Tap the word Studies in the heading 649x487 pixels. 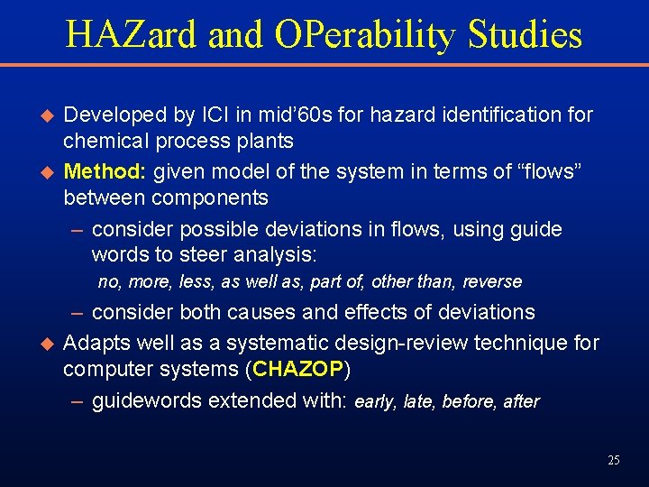[525, 34]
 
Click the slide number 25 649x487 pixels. [614, 461]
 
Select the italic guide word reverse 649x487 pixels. [492, 282]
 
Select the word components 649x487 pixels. [210, 198]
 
